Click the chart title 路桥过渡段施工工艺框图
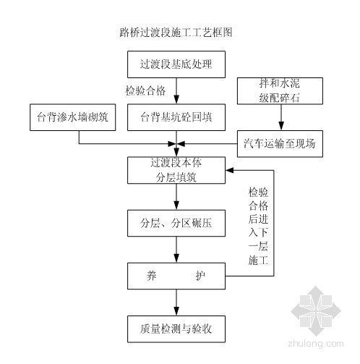coord(176,33)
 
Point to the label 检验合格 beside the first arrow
coord(146,91)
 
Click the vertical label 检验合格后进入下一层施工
coord(258,226)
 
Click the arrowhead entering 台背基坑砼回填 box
coord(176,100)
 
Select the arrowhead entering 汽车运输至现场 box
coord(281,126)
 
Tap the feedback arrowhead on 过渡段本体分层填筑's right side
coord(230,170)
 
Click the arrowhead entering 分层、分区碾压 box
coord(176,206)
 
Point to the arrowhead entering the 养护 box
coord(176,258)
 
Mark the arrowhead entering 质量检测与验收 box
coord(176,311)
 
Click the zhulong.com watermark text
coord(316,344)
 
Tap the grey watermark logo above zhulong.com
coord(316,311)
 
